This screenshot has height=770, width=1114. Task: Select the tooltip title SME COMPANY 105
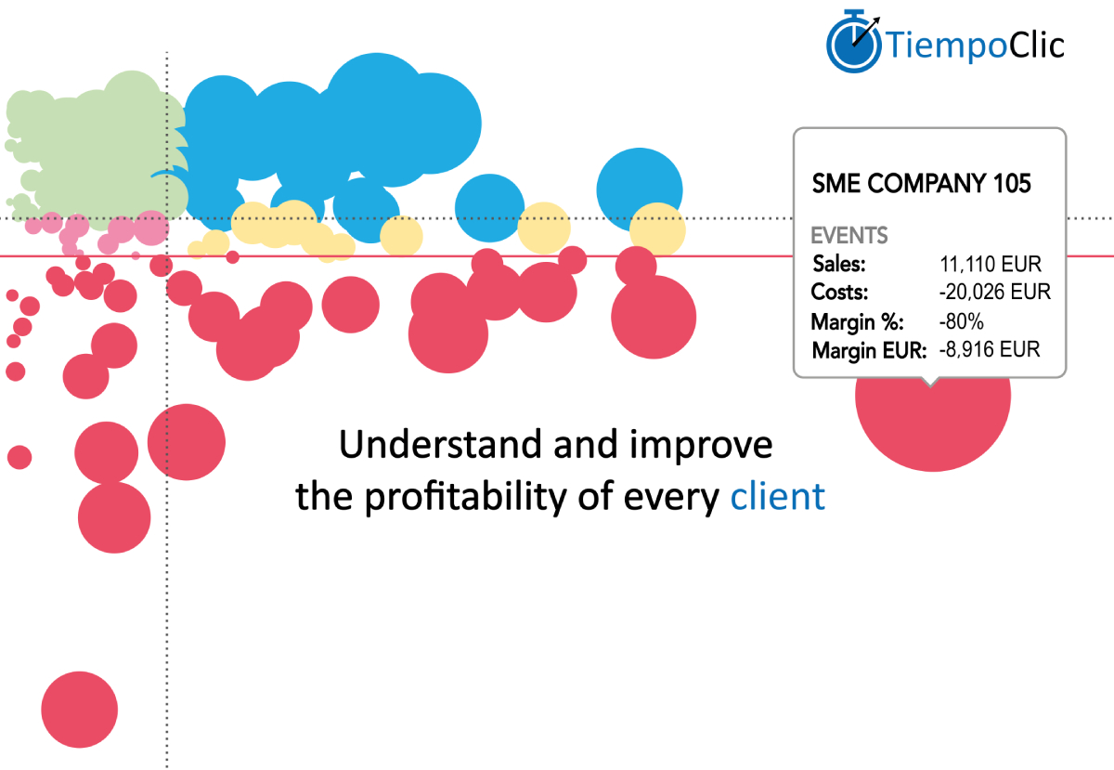point(921,184)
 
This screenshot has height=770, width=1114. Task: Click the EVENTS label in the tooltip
point(849,235)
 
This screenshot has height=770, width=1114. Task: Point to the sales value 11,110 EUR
point(989,264)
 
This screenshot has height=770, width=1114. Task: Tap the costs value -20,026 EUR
point(994,293)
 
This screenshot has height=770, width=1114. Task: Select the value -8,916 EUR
point(990,350)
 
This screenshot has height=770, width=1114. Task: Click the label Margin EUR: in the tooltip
point(869,351)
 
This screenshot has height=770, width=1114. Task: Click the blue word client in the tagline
point(777,497)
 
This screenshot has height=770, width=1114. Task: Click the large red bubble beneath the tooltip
point(932,418)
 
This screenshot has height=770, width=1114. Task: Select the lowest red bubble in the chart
point(80,710)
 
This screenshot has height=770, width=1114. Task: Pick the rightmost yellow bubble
point(657,229)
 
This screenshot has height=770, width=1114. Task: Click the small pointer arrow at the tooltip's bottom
point(930,381)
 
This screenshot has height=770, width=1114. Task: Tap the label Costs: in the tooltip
point(839,293)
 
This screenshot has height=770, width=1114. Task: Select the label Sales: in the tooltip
point(838,264)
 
